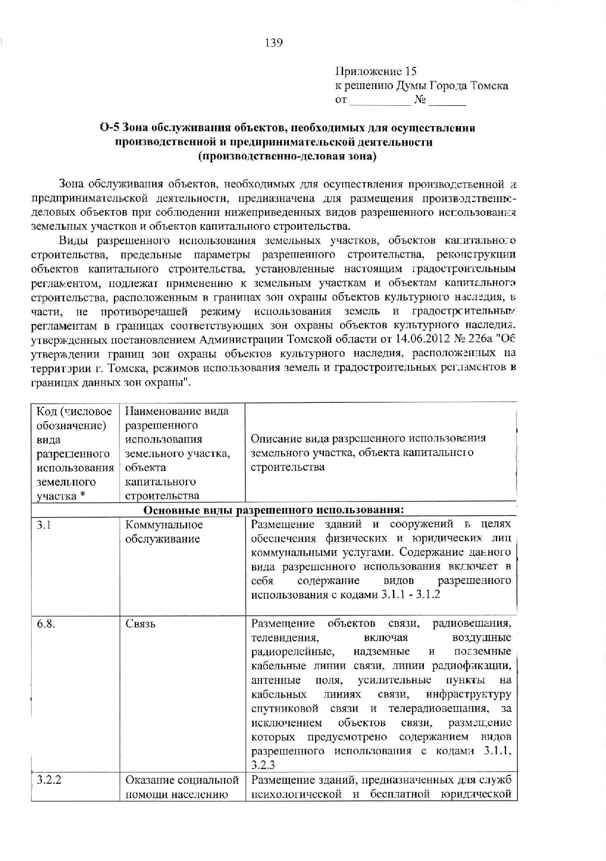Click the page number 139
pos(274,43)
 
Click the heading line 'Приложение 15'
pos(376,72)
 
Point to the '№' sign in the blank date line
pos(419,100)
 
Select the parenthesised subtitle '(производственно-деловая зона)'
pos(287,157)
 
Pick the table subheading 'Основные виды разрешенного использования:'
pos(274,510)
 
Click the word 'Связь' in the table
pos(140,624)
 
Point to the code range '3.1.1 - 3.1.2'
pos(411,595)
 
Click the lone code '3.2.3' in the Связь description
pos(263,765)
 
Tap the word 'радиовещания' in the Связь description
pos(471,624)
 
